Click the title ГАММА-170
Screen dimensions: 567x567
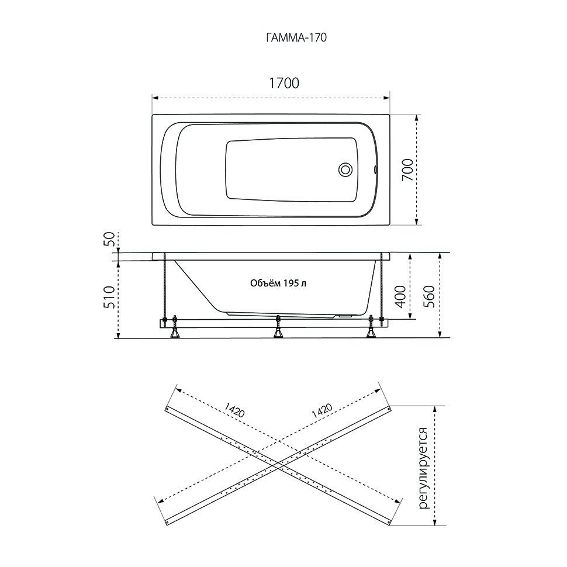(296, 37)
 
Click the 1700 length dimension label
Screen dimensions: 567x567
(284, 83)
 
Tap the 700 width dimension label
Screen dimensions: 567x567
(407, 170)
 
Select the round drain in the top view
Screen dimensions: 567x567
(345, 170)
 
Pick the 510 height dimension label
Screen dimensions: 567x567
(110, 298)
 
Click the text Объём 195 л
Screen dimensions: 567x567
(278, 283)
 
